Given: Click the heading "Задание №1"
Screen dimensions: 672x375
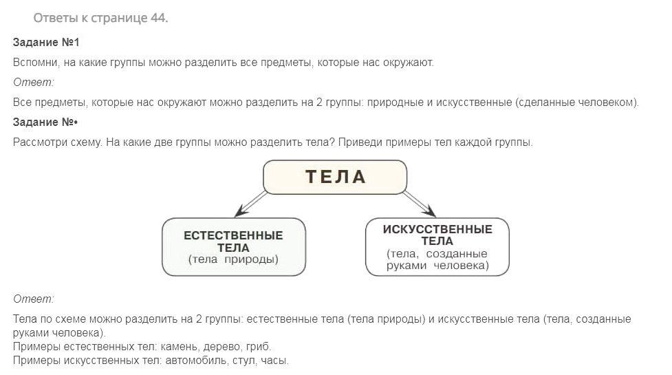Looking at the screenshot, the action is click(46, 43).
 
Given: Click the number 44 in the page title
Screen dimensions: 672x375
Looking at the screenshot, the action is click(159, 18).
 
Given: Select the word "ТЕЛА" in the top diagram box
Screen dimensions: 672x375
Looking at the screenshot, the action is click(336, 177).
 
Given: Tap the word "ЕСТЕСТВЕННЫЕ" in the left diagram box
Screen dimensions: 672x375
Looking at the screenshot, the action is click(233, 236).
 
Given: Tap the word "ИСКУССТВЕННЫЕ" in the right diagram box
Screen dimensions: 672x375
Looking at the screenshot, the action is click(437, 229).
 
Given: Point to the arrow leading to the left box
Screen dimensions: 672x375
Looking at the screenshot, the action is click(251, 204).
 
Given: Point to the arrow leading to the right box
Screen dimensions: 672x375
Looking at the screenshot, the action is click(420, 204).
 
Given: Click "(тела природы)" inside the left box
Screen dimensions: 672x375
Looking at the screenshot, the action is click(233, 259).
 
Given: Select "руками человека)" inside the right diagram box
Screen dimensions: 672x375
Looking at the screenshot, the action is click(437, 266).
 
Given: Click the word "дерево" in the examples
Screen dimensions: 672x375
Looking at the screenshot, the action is click(222, 347).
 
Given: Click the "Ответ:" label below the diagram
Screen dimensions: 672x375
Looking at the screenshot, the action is click(34, 299).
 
